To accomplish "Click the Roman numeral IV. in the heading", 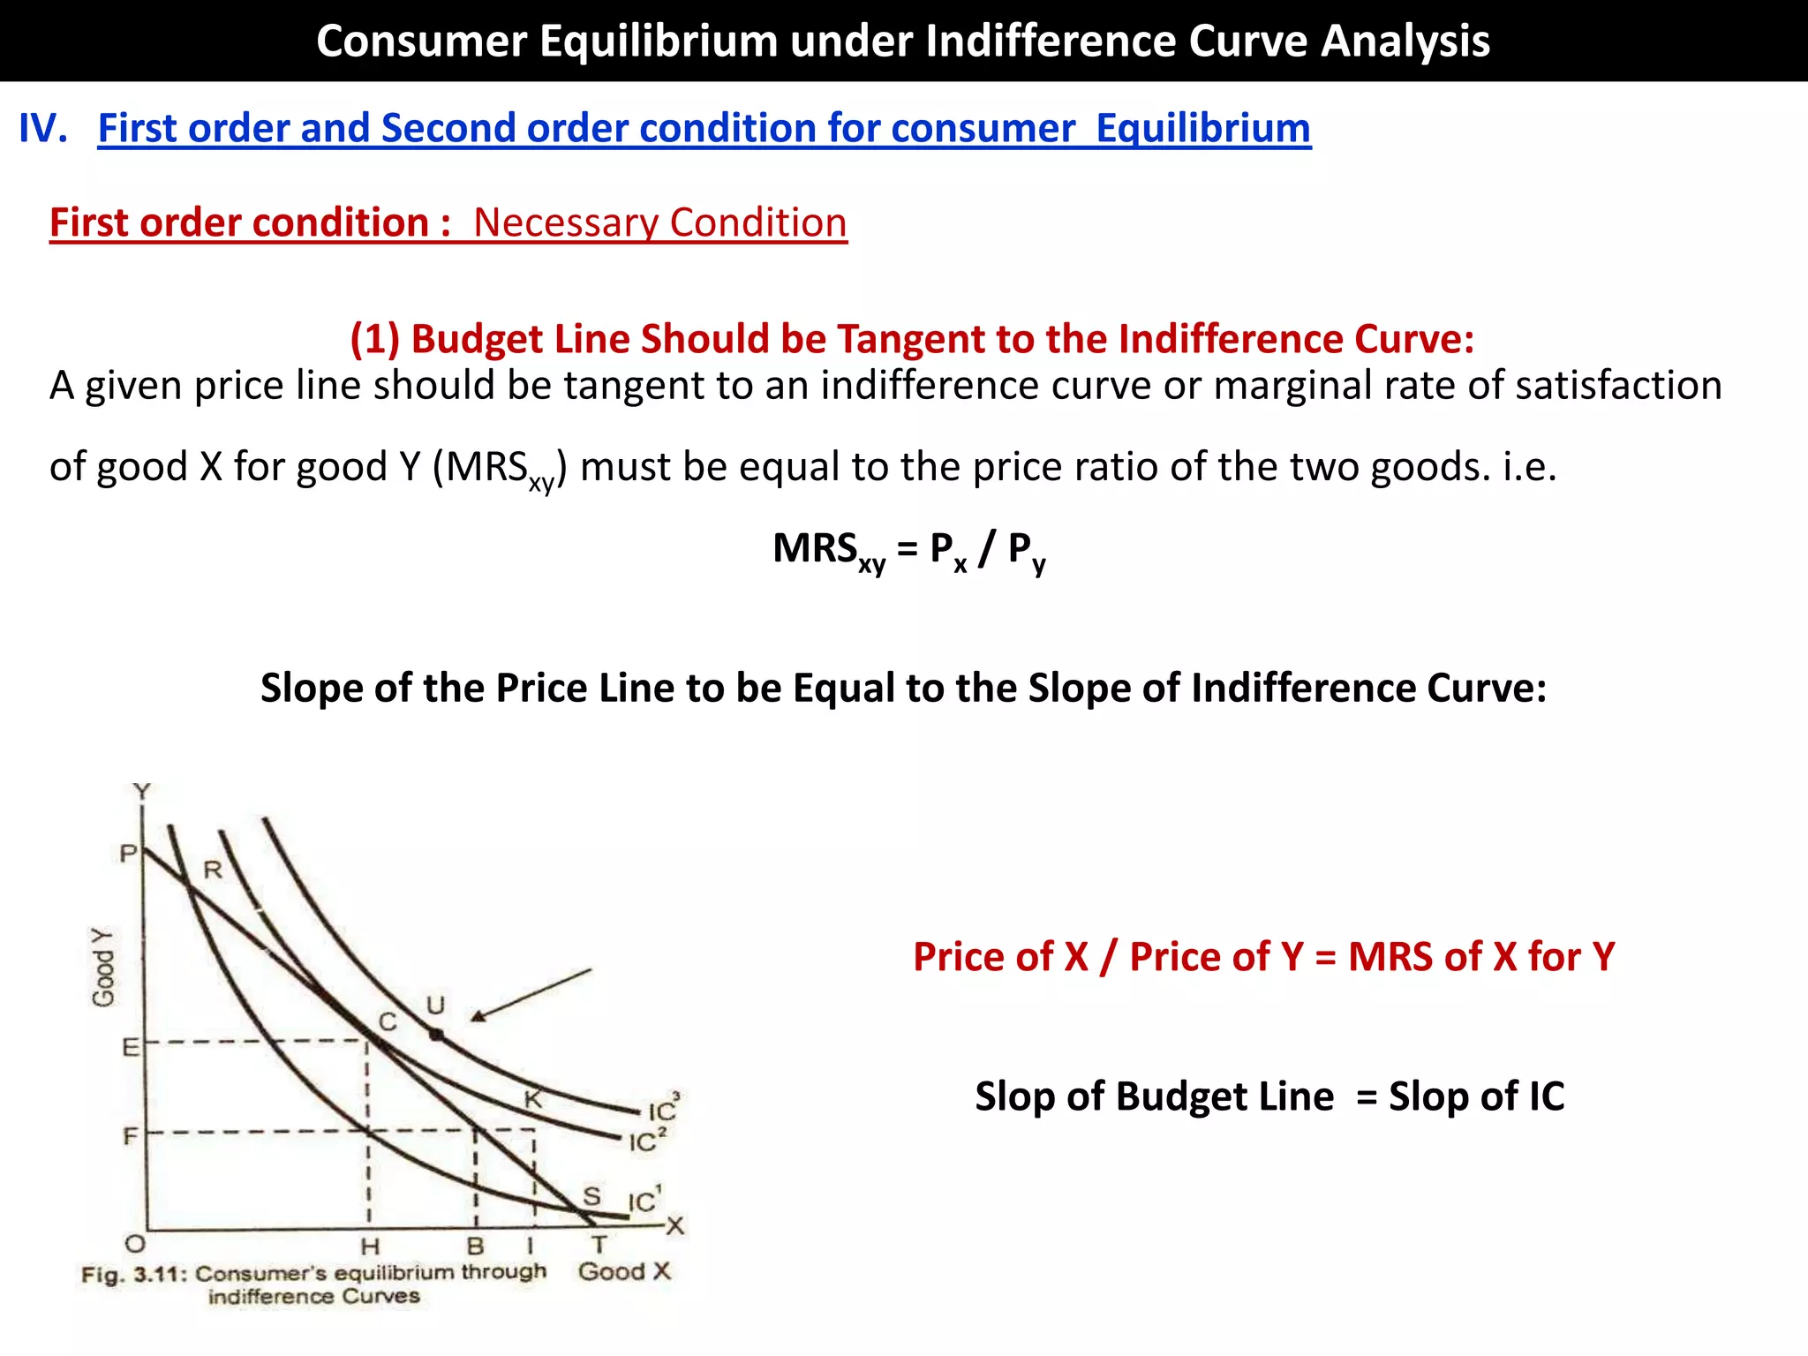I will click(x=42, y=129).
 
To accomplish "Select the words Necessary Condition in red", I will click(x=659, y=222).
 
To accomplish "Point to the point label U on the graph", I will click(x=435, y=1006).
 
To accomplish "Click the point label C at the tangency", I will click(x=388, y=1022).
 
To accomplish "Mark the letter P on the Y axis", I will click(x=129, y=854).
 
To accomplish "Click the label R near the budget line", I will click(x=213, y=870).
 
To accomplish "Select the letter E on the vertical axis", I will click(x=131, y=1047).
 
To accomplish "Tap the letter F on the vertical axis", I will click(x=131, y=1135).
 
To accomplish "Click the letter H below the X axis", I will click(x=370, y=1247).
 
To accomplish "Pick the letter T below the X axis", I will click(x=599, y=1245).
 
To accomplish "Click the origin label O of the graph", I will click(x=134, y=1245).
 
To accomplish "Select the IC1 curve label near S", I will click(x=644, y=1201).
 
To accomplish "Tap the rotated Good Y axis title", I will click(x=103, y=968).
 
